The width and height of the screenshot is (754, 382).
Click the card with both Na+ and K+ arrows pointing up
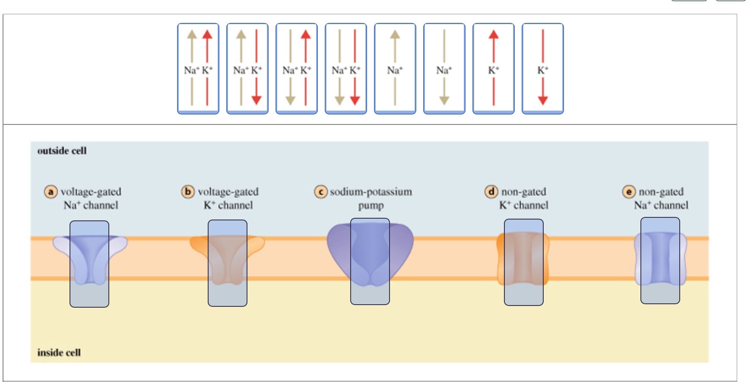(198, 69)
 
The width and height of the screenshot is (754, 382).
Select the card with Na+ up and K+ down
(247, 69)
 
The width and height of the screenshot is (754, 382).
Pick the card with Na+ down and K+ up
(297, 69)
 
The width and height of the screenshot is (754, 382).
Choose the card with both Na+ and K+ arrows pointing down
(346, 69)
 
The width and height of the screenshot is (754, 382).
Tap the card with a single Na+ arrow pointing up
(395, 69)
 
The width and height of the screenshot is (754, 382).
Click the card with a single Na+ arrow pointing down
(444, 69)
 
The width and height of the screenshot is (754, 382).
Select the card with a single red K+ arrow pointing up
(494, 69)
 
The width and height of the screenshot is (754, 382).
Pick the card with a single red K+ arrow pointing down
(543, 69)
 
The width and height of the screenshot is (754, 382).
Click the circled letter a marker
(51, 191)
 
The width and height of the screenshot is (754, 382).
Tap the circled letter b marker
(188, 191)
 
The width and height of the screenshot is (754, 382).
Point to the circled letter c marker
(320, 191)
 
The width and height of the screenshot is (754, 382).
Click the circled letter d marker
(491, 191)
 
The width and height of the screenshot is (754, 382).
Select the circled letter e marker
(629, 191)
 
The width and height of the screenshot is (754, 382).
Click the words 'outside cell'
(62, 151)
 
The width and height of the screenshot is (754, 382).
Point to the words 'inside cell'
(59, 353)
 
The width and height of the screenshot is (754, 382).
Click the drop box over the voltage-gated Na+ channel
(89, 264)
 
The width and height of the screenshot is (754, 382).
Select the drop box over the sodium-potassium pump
(370, 261)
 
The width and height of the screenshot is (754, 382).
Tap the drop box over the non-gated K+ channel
(524, 262)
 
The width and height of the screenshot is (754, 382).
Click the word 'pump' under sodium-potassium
(371, 206)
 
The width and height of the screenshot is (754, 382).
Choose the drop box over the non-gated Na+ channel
(660, 261)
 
